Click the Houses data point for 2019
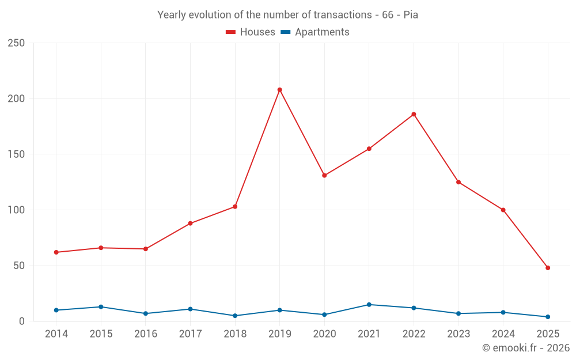coord(280,90)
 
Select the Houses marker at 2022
coord(414,114)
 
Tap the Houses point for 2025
coord(548,268)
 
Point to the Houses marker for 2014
coord(56,252)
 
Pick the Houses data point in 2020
coord(324,175)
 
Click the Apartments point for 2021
coord(369,305)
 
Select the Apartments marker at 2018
coord(235,316)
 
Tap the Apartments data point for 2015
coord(101,307)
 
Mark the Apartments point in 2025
coord(548,317)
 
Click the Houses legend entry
coord(251,32)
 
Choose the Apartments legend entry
coord(315,32)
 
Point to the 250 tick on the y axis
coord(16,43)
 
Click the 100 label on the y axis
coord(16,210)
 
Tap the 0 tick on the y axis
coord(21,321)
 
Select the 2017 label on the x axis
coord(190,334)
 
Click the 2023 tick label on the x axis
coord(458,334)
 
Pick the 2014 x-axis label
coord(56,334)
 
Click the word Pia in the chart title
coord(411,15)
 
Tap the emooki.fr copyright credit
coord(526,348)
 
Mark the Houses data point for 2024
coord(503,210)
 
